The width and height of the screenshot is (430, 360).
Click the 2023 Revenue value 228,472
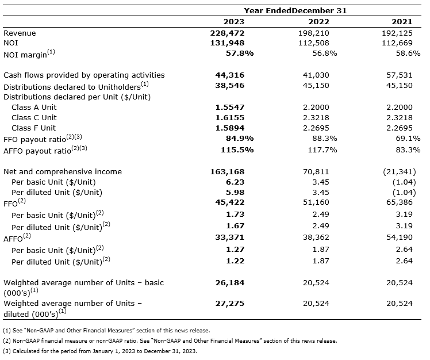229,33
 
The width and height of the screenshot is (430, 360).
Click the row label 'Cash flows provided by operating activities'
84,75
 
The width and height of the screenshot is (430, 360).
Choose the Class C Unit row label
34,117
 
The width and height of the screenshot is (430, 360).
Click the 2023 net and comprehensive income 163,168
229,171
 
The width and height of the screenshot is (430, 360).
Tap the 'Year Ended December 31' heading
295,11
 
